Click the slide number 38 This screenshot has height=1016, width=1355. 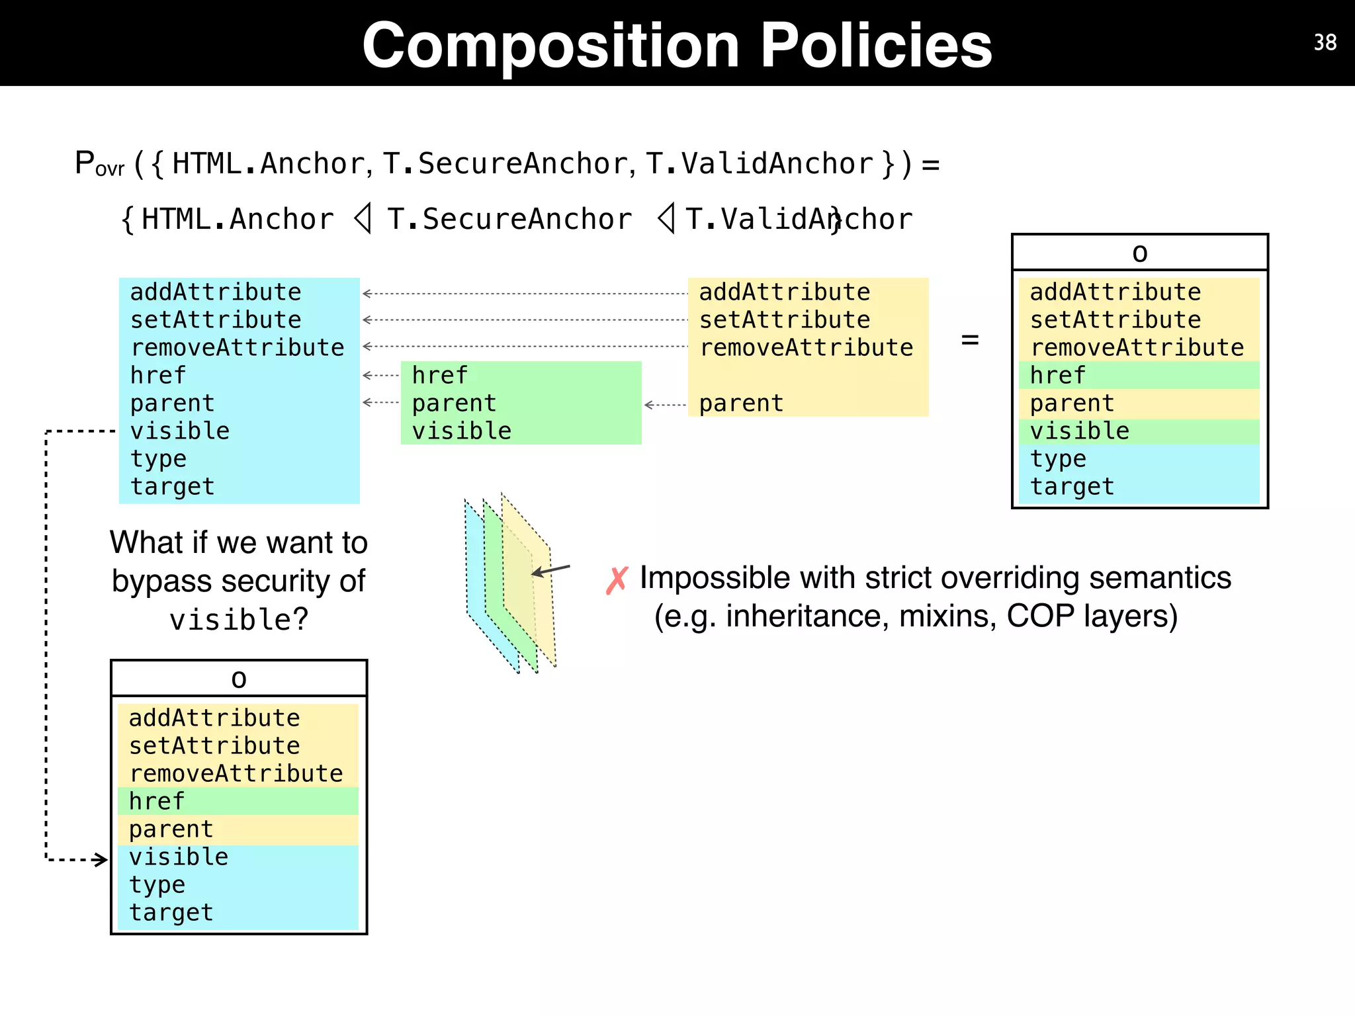(1325, 43)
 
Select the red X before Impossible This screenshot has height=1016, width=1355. (617, 581)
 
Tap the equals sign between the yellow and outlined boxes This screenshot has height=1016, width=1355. (969, 341)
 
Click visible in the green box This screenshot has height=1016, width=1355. (462, 431)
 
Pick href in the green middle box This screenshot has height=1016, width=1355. (439, 376)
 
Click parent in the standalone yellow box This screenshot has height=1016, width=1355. (741, 403)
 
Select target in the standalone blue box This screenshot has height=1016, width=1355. (173, 487)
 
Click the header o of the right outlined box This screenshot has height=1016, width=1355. (1139, 253)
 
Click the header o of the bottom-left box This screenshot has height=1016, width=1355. (239, 679)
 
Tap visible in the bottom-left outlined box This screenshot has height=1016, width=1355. (179, 857)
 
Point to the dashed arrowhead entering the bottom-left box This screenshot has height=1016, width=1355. (100, 860)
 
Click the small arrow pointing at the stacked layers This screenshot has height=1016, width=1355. (550, 570)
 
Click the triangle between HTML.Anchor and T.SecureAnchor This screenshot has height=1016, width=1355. (363, 218)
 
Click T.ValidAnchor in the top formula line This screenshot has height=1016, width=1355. (759, 164)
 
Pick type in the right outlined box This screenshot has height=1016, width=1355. (1058, 459)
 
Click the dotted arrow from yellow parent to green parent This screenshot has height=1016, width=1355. (665, 405)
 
